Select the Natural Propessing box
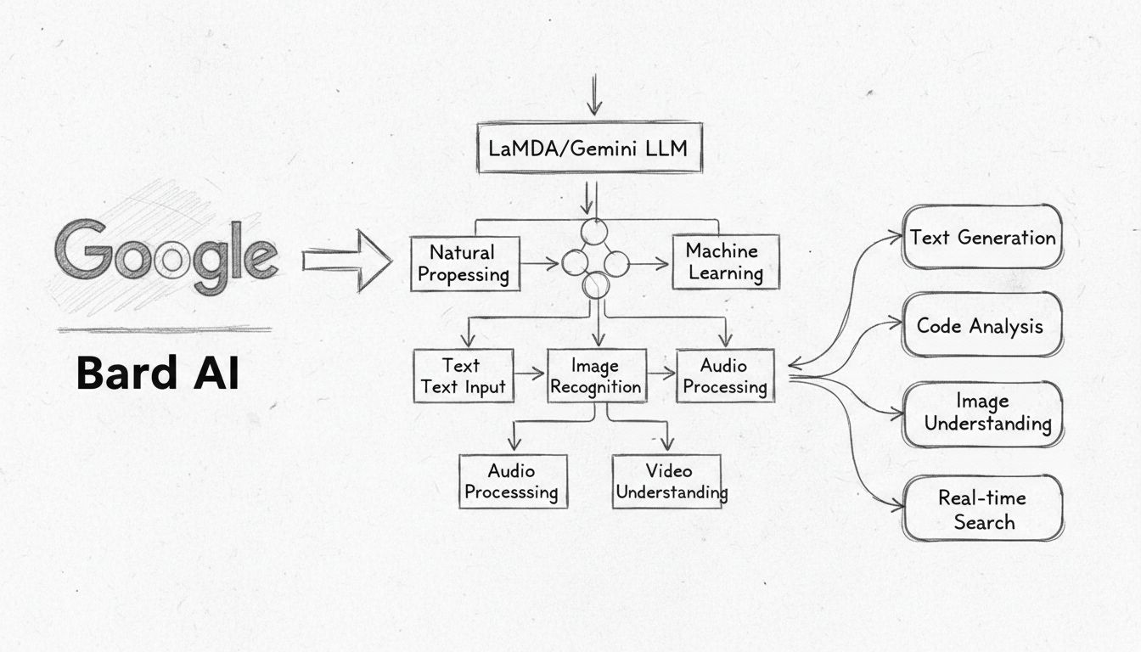pyautogui.click(x=464, y=263)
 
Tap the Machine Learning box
pyautogui.click(x=725, y=261)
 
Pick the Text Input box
pyautogui.click(x=463, y=376)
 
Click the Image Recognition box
pyautogui.click(x=595, y=376)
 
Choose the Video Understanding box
pyautogui.click(x=667, y=481)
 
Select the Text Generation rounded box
pyautogui.click(x=982, y=238)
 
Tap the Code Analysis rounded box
pyautogui.click(x=981, y=325)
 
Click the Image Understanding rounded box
pyautogui.click(x=982, y=413)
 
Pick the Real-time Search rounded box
pyautogui.click(x=982, y=509)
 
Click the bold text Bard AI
pyautogui.click(x=157, y=373)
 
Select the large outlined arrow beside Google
pyautogui.click(x=346, y=260)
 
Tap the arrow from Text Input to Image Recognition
pyautogui.click(x=530, y=373)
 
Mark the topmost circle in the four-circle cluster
pyautogui.click(x=595, y=232)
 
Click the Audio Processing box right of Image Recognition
pyautogui.click(x=725, y=376)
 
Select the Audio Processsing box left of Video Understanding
pyautogui.click(x=512, y=481)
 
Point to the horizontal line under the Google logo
pyautogui.click(x=165, y=329)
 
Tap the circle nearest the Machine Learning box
pyautogui.click(x=616, y=263)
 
